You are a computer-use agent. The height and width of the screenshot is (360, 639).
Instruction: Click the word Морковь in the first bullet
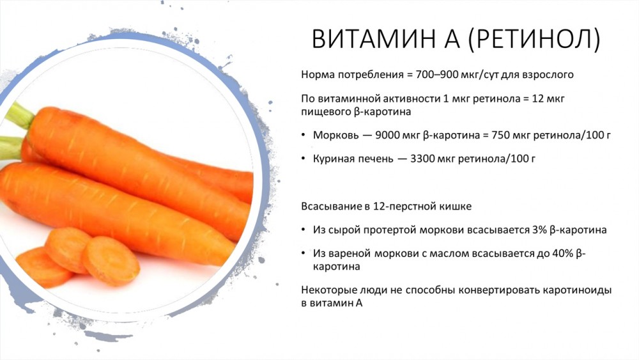(x=336, y=135)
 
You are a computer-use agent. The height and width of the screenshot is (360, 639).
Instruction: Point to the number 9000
(x=387, y=135)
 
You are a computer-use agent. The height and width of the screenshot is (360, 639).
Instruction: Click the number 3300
(x=422, y=159)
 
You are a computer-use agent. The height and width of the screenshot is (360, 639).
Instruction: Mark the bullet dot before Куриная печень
(x=303, y=158)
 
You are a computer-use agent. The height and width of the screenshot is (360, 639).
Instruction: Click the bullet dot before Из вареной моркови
(x=303, y=253)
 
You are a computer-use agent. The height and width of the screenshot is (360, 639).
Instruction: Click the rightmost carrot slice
(x=111, y=261)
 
